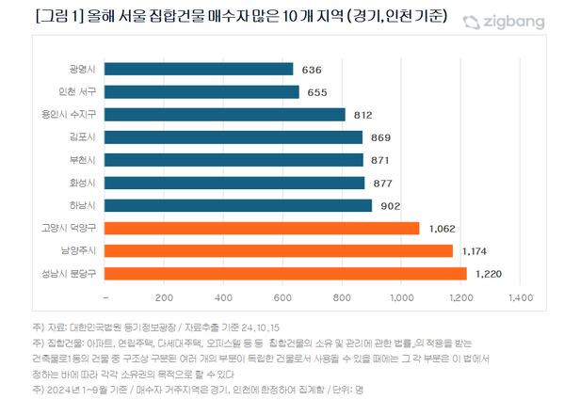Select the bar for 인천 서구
pos(202,92)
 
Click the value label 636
pos(312,70)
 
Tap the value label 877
pos(383,183)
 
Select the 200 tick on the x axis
pos(166,298)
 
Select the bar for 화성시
pos(235,183)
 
